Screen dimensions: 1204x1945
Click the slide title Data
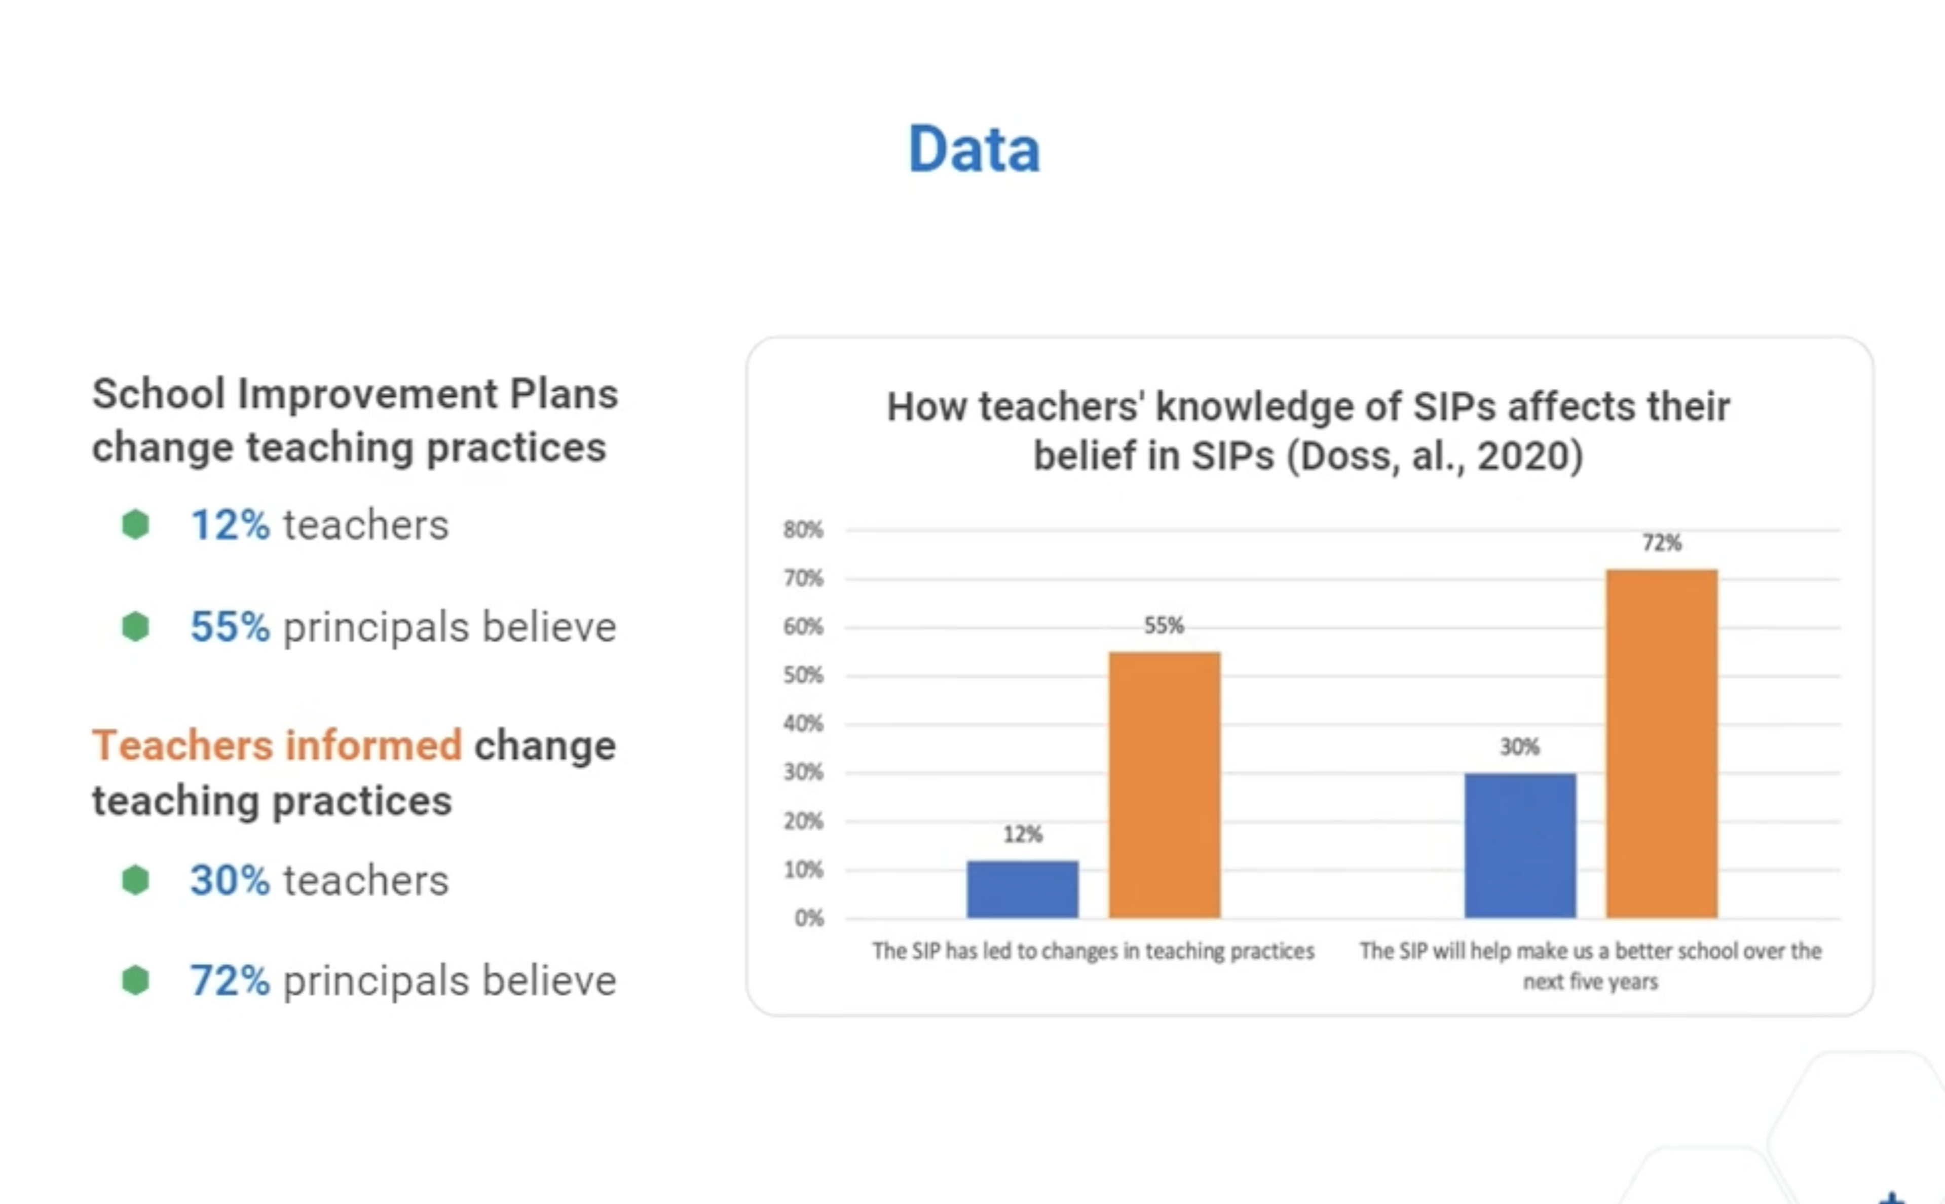[x=973, y=149]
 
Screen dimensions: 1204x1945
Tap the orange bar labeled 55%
[x=1164, y=784]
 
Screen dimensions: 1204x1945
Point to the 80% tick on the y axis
[x=803, y=530]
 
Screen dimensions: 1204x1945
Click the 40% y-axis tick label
[x=803, y=724]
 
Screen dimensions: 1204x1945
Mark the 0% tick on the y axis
[x=808, y=918]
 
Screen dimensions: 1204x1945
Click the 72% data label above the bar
[x=1662, y=543]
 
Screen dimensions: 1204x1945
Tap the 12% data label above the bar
[x=1022, y=835]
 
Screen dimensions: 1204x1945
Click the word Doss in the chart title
[x=1347, y=456]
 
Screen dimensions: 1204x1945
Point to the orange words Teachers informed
[x=276, y=745]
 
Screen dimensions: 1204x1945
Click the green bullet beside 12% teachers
[x=135, y=525]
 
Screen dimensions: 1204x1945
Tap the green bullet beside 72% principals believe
[x=135, y=980]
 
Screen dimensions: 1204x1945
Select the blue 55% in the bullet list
[x=229, y=627]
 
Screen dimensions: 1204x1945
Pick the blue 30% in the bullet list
[x=229, y=881]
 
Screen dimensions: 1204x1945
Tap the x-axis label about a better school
[x=1590, y=965]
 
